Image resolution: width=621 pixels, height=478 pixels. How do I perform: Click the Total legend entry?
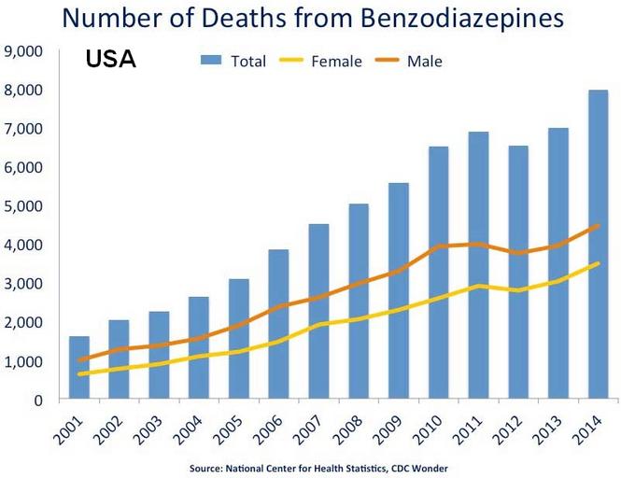[233, 62]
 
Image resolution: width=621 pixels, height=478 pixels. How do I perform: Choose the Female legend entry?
[332, 62]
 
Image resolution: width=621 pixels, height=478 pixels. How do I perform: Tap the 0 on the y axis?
[37, 400]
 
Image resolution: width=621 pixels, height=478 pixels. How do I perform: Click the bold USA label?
[111, 60]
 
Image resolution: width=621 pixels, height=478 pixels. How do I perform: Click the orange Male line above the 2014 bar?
[597, 225]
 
